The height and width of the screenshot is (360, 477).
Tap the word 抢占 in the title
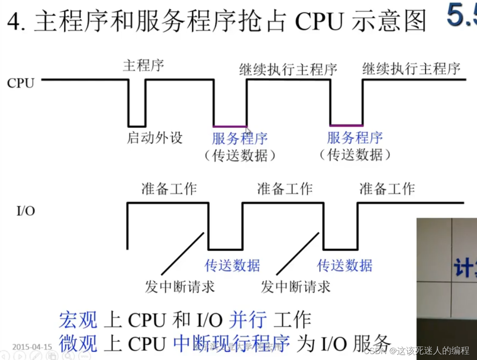(262, 22)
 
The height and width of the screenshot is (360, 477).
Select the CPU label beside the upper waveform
(21, 83)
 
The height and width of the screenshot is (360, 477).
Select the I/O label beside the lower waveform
(26, 211)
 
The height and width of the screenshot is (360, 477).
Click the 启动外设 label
(155, 138)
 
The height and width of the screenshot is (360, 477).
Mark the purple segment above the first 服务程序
(229, 126)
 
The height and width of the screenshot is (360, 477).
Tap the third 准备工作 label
(387, 188)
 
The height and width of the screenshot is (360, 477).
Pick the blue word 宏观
(78, 320)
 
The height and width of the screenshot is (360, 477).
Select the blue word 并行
(248, 320)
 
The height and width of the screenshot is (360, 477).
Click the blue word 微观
(78, 343)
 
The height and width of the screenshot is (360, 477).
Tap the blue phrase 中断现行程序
(232, 343)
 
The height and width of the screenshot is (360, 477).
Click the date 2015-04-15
(32, 347)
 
